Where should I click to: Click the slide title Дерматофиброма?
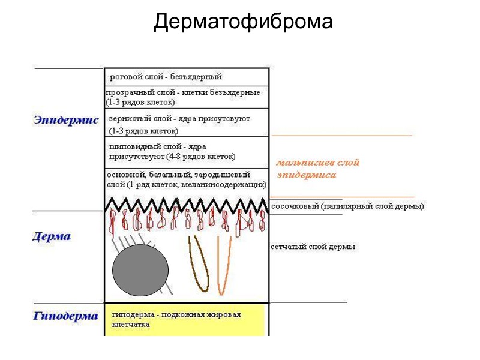pos(243,22)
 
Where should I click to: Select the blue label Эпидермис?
pos(67,120)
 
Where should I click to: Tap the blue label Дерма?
pos(52,236)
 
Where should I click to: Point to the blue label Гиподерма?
pos(66,316)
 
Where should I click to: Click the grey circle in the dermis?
pos(141,270)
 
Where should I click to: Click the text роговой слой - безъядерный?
pos(166,77)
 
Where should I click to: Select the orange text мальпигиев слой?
pos(318,163)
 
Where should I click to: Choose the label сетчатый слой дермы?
pos(313,247)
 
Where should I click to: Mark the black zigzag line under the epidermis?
pos(186,204)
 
